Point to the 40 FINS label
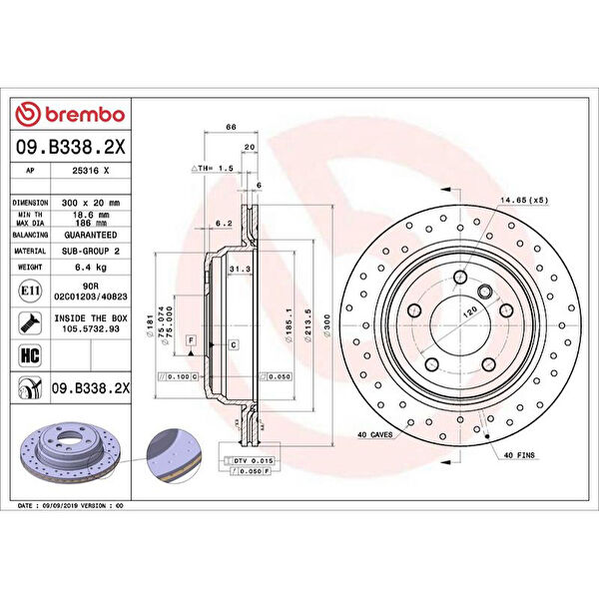click(x=520, y=455)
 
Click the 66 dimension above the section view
click(x=230, y=128)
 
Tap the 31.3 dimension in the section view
click(x=239, y=270)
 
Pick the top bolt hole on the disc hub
click(x=461, y=278)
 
